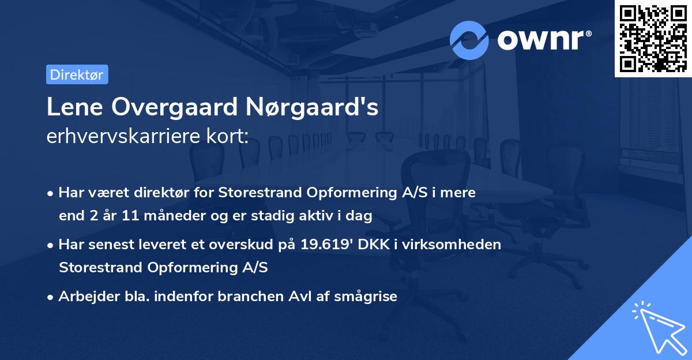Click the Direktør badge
[x=77, y=74]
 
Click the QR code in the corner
[x=653, y=38]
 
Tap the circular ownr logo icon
[x=469, y=40]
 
